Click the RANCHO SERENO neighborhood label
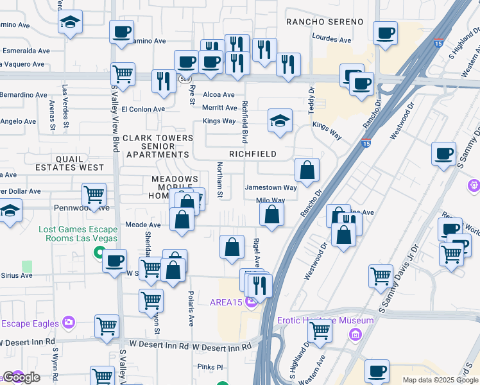pos(325,22)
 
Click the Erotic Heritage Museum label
pos(325,320)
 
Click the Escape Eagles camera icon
pos(69,323)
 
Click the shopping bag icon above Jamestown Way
pos(307,170)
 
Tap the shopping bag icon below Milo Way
pos(272,214)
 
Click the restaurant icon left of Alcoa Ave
pos(164,81)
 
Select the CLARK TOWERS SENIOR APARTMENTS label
pos(158,146)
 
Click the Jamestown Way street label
pos(271,188)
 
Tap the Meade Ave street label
pos(142,225)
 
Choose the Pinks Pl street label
pos(210,367)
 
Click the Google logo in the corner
pos(21,377)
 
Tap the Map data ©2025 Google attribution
pos(440,380)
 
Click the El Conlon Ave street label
pos(143,109)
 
